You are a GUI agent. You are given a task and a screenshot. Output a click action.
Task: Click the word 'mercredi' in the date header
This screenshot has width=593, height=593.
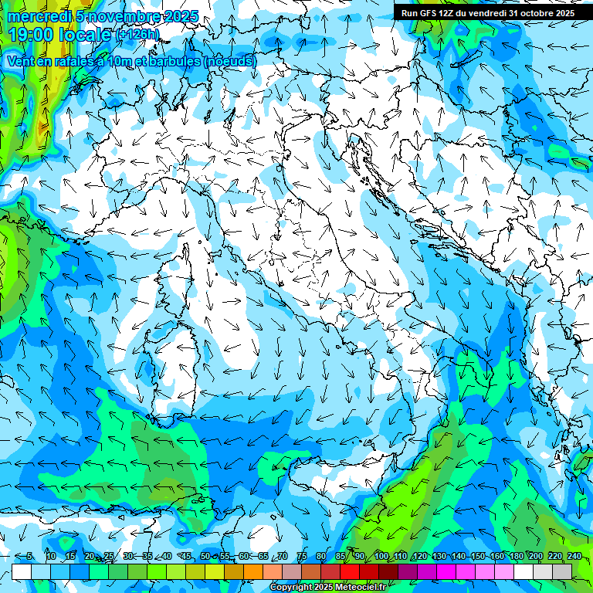coord(35,16)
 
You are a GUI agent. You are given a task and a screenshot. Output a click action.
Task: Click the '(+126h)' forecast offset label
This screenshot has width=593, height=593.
coord(137,35)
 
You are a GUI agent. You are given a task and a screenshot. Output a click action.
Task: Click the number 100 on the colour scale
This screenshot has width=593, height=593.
coord(381,556)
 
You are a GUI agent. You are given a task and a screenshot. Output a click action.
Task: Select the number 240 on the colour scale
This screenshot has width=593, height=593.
coord(574,556)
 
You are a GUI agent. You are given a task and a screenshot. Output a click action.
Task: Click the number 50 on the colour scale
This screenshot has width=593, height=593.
coord(205,556)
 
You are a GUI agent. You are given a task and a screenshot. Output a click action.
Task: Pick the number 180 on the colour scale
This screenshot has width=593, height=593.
coord(516,556)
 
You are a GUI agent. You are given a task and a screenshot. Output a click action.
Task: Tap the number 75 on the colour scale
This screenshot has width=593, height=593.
coord(301,556)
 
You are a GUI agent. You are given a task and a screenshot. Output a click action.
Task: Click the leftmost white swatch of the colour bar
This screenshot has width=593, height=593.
coord(22,571)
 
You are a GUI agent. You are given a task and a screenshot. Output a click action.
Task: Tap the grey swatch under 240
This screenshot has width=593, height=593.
coord(562,571)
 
